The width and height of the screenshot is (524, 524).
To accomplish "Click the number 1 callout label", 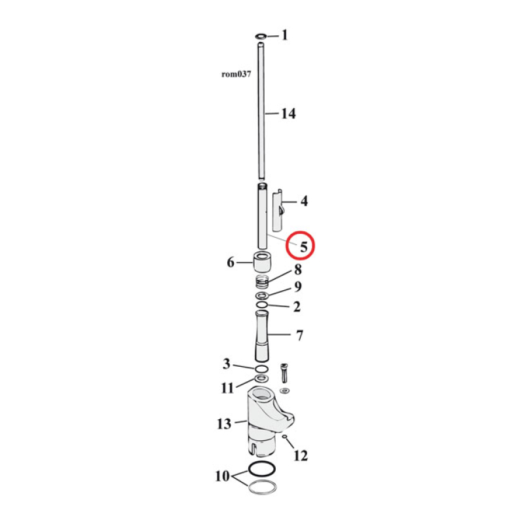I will [x=284, y=35].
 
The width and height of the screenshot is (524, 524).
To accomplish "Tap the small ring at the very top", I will [x=261, y=36].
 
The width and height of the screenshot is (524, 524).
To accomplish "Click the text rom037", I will [x=236, y=74].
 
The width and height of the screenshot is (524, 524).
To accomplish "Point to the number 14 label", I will [x=288, y=114].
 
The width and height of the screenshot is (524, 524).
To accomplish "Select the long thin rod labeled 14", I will [x=261, y=111].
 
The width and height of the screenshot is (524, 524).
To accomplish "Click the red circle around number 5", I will [x=303, y=246].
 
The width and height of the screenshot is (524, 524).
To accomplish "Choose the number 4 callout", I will [x=304, y=202].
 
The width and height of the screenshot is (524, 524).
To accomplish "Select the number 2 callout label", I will [x=297, y=306].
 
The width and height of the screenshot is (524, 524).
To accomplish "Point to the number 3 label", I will [x=226, y=364].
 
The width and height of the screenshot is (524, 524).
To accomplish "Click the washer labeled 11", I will [x=261, y=379].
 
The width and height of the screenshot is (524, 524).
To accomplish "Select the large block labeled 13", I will [x=262, y=419].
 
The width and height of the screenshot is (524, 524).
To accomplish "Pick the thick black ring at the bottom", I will [x=262, y=470].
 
